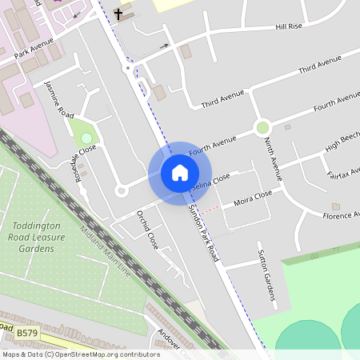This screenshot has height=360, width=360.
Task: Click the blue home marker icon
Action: point(180,173)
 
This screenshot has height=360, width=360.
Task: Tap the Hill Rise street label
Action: point(289,26)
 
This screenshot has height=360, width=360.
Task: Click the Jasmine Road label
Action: point(59,99)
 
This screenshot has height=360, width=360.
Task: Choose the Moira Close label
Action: point(253,196)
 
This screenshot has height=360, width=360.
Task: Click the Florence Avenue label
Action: point(340,215)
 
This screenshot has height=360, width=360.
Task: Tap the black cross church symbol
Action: point(118,14)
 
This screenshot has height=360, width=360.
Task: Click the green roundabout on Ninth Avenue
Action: point(262,127)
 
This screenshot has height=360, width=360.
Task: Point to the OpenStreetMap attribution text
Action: point(81,354)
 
